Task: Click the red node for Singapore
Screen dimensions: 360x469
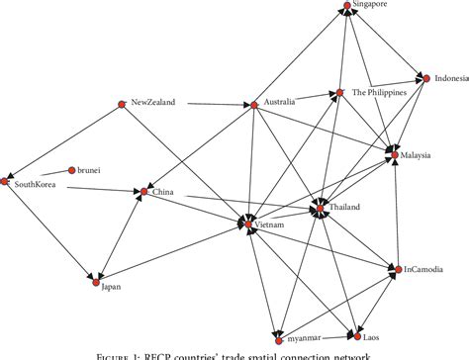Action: pyautogui.click(x=347, y=6)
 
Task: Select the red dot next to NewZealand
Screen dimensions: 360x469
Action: pyautogui.click(x=122, y=102)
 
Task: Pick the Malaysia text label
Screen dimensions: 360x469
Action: pyautogui.click(x=419, y=156)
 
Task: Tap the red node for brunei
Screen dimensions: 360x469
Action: pyautogui.click(x=71, y=170)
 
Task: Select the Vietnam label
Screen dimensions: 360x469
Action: pyautogui.click(x=270, y=226)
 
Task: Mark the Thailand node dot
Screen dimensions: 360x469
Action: pyautogui.click(x=319, y=208)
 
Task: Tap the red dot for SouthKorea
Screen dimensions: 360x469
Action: pyautogui.click(x=6, y=182)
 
